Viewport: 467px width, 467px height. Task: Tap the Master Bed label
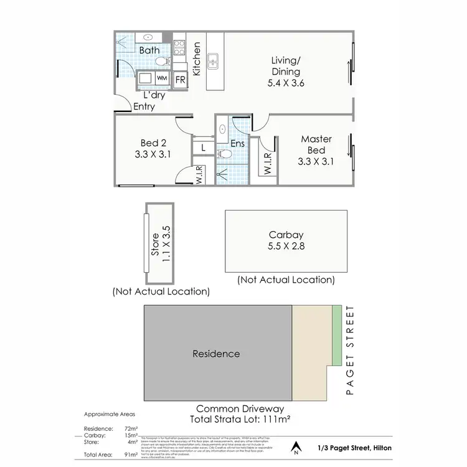click(x=316, y=144)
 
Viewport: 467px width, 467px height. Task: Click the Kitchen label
click(x=197, y=59)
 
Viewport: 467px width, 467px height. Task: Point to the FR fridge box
click(x=180, y=80)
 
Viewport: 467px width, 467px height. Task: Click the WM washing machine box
click(x=162, y=78)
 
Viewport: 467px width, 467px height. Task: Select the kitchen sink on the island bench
click(x=213, y=61)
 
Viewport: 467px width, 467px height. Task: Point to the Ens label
click(x=238, y=144)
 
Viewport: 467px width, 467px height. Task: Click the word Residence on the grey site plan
click(x=216, y=354)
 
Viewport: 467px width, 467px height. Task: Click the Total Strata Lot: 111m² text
click(x=237, y=419)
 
